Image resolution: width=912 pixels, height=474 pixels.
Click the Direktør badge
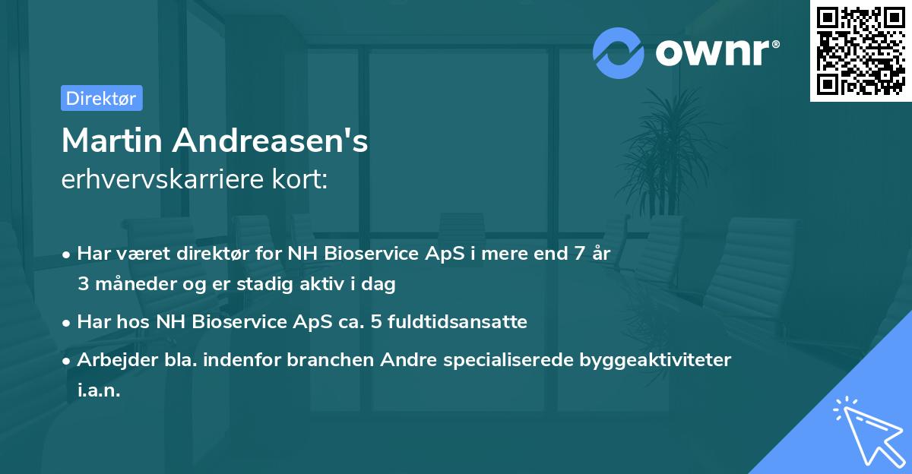click(101, 98)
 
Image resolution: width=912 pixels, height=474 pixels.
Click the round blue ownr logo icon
click(619, 52)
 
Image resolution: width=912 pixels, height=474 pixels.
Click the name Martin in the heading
click(112, 141)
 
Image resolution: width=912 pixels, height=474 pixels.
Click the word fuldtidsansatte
click(456, 321)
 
